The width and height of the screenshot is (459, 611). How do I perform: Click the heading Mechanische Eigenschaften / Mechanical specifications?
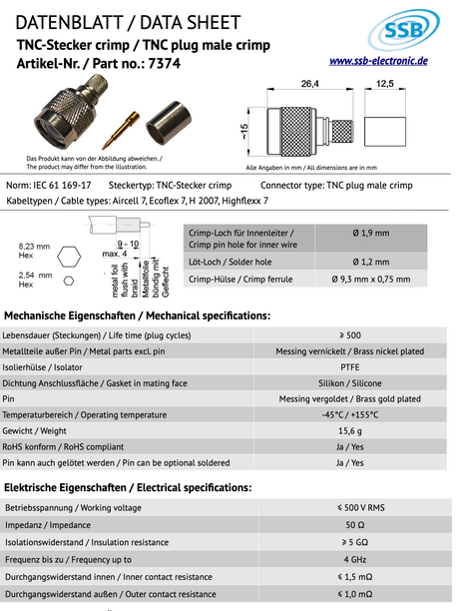pyautogui.click(x=138, y=314)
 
